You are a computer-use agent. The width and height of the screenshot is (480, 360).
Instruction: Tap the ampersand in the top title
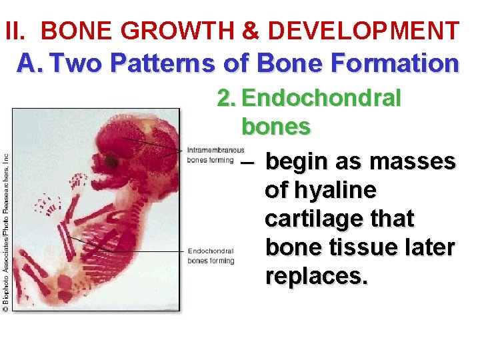point(251,31)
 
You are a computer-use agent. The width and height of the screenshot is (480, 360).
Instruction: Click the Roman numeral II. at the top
point(18,31)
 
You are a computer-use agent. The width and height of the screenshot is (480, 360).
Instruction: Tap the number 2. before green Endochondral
point(227,99)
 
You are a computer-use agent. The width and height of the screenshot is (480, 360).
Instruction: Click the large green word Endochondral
point(321,99)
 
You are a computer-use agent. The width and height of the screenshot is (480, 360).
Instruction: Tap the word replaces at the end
point(315,275)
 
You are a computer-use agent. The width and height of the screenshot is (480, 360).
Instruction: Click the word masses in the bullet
point(412,161)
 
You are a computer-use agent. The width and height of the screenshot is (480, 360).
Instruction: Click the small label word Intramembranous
point(215,149)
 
